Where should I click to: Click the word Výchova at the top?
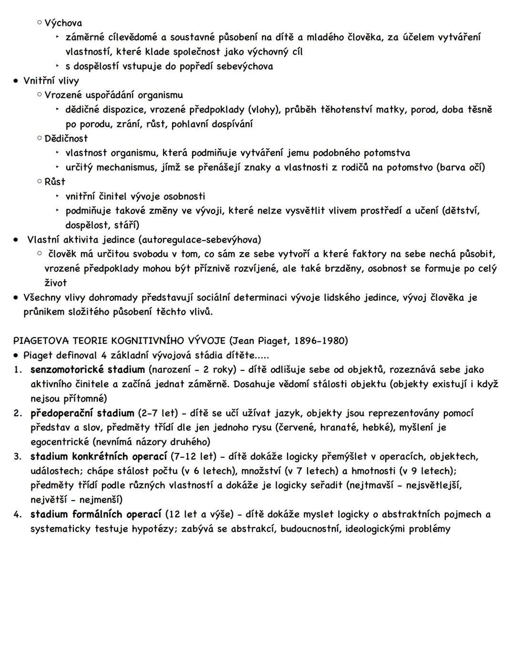[x=63, y=23]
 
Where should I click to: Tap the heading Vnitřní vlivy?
[x=51, y=81]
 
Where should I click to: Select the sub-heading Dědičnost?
[x=66, y=138]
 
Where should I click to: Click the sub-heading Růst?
[x=55, y=182]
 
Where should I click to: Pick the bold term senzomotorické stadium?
[x=87, y=369]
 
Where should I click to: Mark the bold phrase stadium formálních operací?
[x=96, y=514]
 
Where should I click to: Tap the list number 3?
[x=17, y=457]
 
